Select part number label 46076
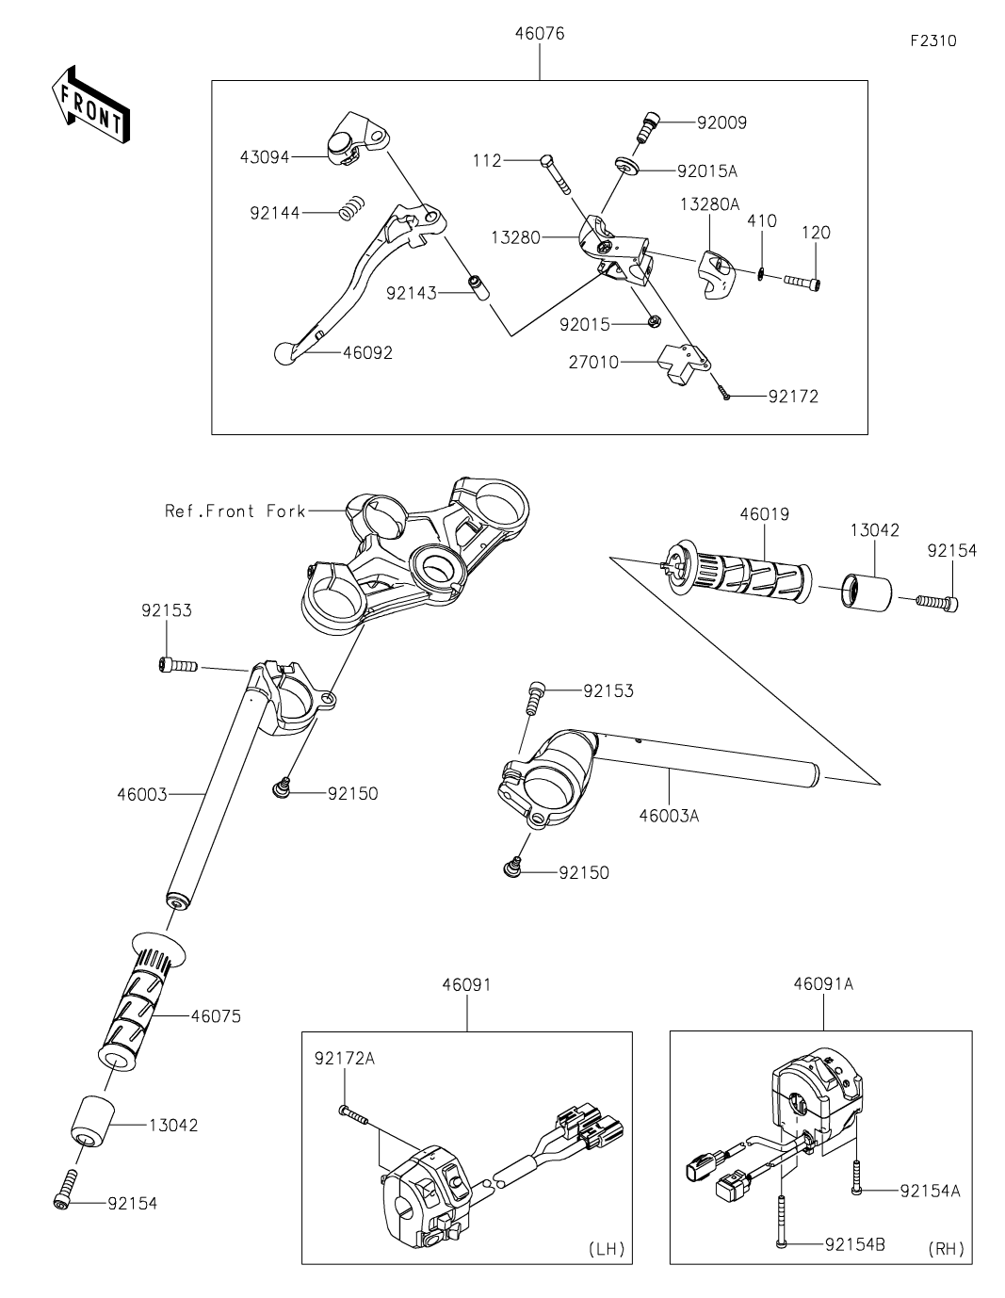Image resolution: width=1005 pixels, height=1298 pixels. [x=540, y=34]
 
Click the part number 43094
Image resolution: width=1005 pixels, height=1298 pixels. [x=264, y=156]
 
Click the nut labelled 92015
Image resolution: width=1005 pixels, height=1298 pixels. [x=651, y=323]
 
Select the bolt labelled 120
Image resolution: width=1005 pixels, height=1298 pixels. [x=800, y=282]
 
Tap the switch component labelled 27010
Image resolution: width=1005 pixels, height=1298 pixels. [x=679, y=364]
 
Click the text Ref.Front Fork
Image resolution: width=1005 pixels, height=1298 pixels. [x=235, y=511]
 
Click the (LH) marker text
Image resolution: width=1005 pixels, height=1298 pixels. [x=606, y=1249]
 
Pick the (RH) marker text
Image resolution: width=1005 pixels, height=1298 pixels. [x=946, y=1249]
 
